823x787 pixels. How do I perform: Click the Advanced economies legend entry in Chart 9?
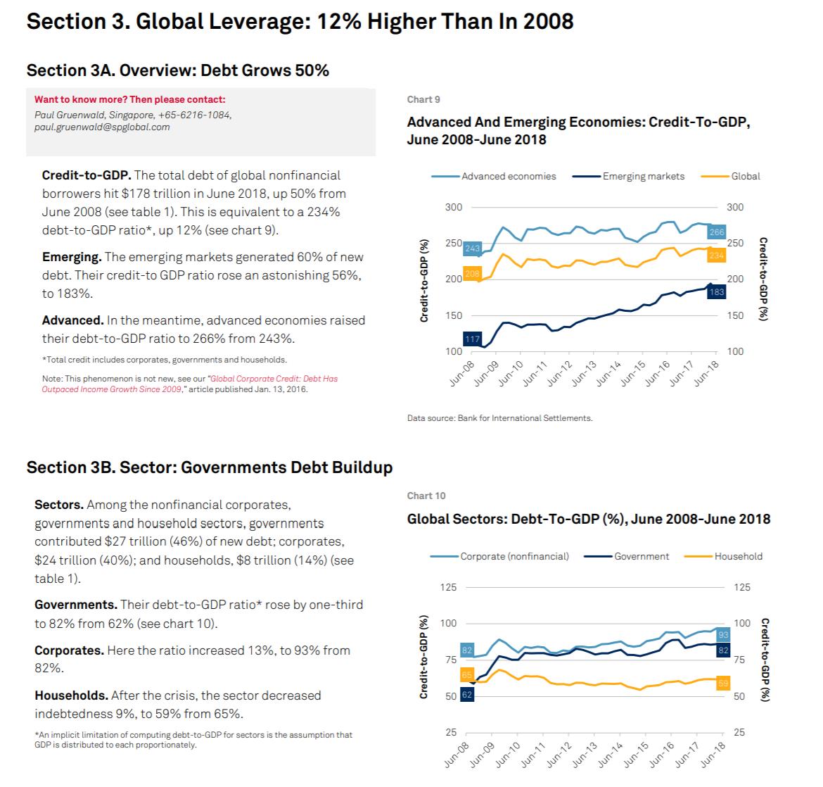508,176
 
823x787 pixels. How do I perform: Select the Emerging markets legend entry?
643,176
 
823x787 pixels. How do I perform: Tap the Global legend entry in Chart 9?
745,176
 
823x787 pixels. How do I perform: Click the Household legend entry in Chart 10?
738,556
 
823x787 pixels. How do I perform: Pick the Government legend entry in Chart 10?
641,556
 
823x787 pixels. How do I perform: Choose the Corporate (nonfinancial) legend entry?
514,556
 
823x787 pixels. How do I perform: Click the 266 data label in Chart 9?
716,232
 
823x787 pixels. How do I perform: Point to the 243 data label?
473,248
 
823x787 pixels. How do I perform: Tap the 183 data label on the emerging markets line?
717,292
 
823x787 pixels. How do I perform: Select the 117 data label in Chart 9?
473,339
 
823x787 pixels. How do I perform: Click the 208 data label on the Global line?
472,274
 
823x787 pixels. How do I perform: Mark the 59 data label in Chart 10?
722,684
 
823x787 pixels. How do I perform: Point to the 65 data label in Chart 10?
467,674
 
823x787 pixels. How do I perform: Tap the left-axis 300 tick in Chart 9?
453,207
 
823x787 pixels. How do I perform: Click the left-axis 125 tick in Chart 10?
449,587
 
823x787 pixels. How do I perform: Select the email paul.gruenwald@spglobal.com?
102,127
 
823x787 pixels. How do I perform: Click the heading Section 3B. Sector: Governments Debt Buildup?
209,467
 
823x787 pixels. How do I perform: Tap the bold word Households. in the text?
72,695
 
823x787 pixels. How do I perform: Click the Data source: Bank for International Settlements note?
499,418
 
